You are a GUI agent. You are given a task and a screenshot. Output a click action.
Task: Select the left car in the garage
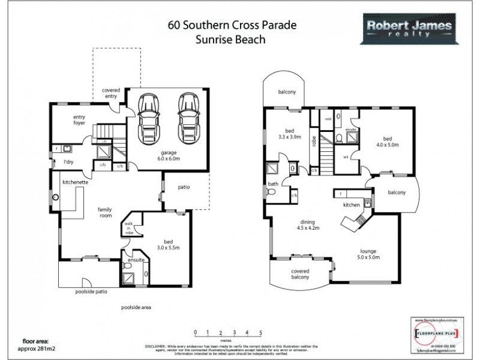[148, 118]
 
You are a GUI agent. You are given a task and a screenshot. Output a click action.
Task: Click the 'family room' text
[107, 212]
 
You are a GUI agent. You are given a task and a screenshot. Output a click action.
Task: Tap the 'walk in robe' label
[128, 227]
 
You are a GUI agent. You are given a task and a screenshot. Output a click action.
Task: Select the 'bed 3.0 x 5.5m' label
[163, 241]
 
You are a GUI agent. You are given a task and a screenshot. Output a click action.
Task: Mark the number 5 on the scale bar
[260, 332]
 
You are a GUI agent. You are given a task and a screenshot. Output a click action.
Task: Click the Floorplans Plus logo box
[441, 332]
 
